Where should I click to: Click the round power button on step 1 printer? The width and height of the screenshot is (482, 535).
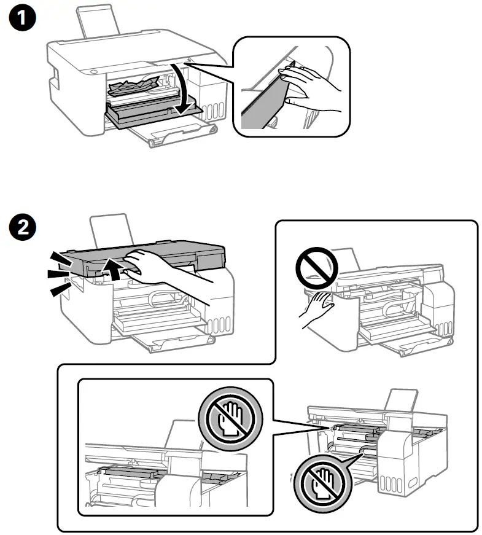tap(93, 71)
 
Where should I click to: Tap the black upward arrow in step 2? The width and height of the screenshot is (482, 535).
tap(113, 268)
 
